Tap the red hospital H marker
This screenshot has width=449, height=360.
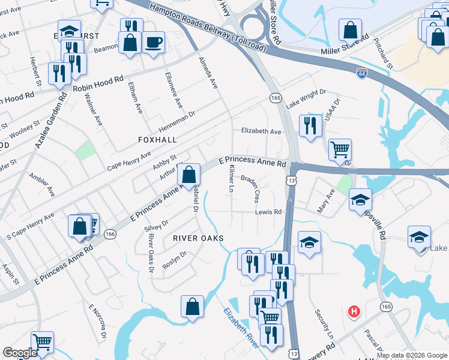point(354,312)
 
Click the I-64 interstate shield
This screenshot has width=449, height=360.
point(361,73)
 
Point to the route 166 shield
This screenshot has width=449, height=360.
point(109,234)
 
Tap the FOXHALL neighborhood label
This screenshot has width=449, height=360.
point(157,139)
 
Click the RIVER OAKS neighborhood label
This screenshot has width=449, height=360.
point(198,238)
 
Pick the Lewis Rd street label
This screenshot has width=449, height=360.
point(268,212)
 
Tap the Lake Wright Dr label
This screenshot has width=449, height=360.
point(306,98)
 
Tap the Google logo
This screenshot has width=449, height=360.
point(20,353)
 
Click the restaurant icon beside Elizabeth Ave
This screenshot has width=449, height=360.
point(310,126)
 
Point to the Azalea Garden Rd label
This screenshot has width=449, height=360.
point(50,120)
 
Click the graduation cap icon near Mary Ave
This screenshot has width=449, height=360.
point(360,199)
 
